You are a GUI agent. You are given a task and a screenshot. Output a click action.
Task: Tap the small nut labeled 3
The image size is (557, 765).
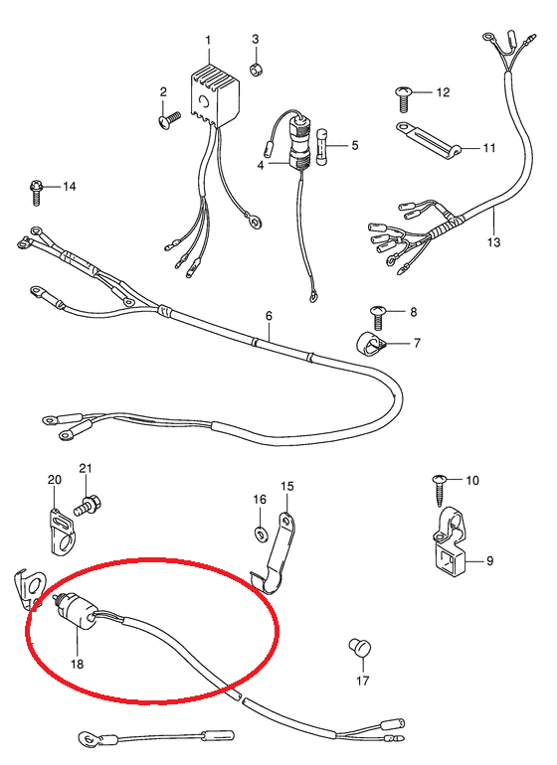click(256, 70)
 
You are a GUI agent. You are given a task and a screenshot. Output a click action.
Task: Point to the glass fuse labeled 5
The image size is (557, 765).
click(322, 147)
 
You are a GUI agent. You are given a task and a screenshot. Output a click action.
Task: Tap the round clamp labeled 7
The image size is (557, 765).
click(370, 346)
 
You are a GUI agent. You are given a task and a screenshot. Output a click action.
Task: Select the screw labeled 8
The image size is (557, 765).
click(378, 317)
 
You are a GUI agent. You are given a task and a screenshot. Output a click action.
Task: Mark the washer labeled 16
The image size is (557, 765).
click(260, 534)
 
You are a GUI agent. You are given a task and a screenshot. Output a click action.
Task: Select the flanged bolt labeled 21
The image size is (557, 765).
click(88, 506)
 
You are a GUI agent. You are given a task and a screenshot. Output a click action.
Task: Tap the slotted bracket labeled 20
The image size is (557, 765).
click(63, 532)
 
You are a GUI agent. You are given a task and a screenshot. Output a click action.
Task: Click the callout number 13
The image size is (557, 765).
click(494, 241)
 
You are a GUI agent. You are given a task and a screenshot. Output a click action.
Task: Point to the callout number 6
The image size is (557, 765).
click(270, 316)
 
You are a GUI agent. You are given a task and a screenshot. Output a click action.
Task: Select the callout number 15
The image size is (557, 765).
click(287, 486)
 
